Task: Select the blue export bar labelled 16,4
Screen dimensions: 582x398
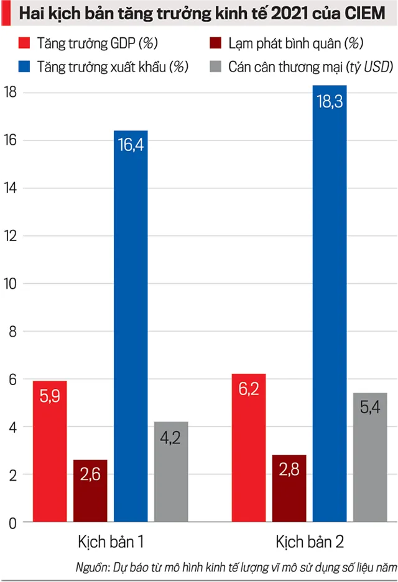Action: tap(131, 326)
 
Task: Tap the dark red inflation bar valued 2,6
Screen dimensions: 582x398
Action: tap(90, 491)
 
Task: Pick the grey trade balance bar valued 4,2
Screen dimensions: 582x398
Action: tap(171, 472)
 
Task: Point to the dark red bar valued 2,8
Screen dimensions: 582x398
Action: tap(289, 488)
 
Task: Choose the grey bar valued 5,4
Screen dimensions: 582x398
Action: tap(370, 457)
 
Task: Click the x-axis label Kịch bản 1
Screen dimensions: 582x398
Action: tap(111, 541)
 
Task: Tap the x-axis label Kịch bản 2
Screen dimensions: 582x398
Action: tap(310, 541)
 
